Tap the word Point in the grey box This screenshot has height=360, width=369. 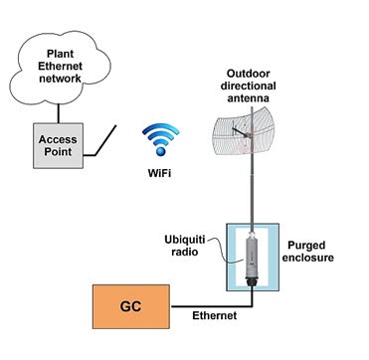pyautogui.click(x=65, y=155)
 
